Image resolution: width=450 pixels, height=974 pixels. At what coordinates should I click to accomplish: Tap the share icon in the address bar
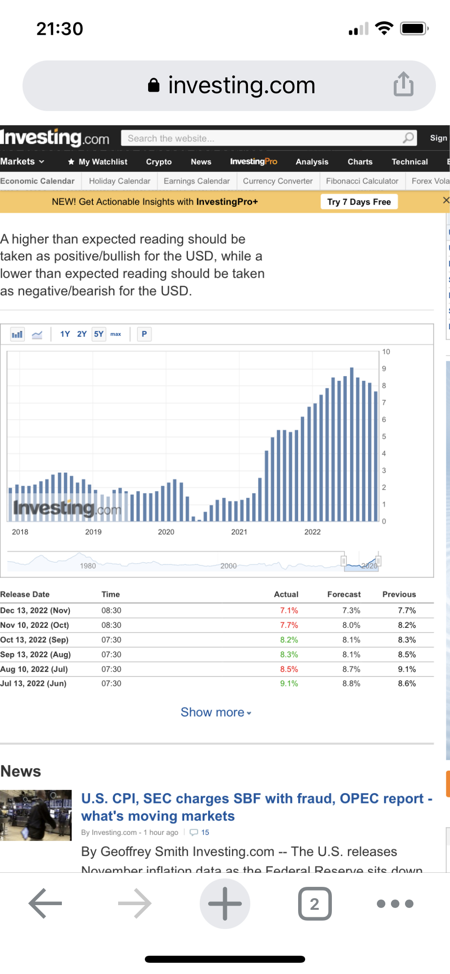pos(403,85)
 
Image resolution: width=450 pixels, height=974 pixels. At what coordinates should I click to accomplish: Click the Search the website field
pos(262,138)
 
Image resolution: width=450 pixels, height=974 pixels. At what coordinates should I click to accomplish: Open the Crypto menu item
pos(158,162)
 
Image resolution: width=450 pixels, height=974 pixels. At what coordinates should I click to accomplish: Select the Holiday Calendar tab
pos(120,181)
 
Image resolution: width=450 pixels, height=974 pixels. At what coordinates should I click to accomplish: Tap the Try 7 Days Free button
pos(359,202)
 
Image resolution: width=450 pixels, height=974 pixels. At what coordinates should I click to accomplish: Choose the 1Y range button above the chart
pos(65,334)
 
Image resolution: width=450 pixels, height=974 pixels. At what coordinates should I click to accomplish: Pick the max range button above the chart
pos(116,334)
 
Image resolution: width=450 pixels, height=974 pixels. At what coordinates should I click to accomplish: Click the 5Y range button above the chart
pos(98,334)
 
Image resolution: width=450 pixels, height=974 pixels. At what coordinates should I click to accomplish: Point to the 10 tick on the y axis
pos(386,352)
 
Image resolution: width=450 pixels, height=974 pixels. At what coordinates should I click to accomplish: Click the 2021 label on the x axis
pos(239,532)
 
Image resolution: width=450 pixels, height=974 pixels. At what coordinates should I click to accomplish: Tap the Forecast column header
pos(344,594)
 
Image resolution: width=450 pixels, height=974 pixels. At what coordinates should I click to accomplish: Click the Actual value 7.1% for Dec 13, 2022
pos(289,610)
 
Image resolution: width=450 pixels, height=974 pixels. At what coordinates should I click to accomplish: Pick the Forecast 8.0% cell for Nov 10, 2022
pos(351,625)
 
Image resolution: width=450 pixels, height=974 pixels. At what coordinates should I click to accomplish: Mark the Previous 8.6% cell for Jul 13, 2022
pos(406,684)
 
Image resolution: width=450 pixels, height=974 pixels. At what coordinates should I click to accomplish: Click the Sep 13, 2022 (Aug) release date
pos(36,654)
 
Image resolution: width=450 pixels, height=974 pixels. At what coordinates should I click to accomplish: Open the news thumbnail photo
pos(36,815)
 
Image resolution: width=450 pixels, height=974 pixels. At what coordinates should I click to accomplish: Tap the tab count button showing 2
pos(315,903)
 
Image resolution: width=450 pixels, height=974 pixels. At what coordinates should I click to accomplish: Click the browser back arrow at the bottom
pos(45,903)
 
